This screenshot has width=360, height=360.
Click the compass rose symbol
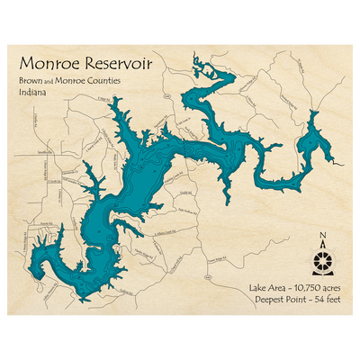[x=322, y=263]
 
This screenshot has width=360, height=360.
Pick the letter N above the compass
[x=322, y=238]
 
